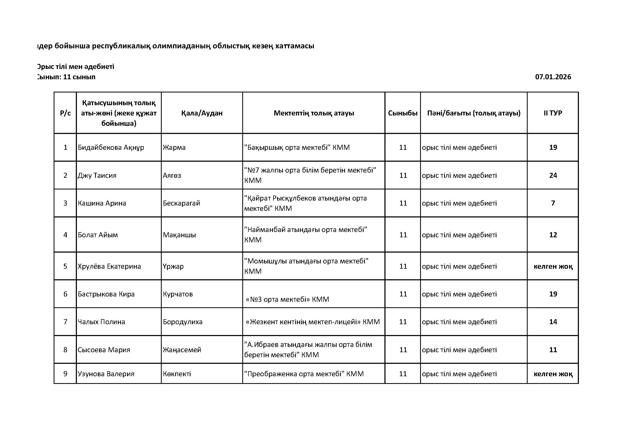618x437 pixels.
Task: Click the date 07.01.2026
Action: pyautogui.click(x=553, y=77)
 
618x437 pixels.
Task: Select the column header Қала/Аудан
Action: pyautogui.click(x=202, y=113)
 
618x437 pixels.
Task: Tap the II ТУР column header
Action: pyautogui.click(x=553, y=113)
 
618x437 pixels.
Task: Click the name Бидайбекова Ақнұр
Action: pyautogui.click(x=111, y=147)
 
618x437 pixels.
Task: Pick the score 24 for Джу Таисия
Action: pyautogui.click(x=553, y=175)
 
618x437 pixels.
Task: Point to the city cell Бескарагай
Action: pyautogui.click(x=182, y=203)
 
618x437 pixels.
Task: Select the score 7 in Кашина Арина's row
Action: pyautogui.click(x=553, y=203)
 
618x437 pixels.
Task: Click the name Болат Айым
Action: pyautogui.click(x=98, y=235)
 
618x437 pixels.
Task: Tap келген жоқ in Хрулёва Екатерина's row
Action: pyautogui.click(x=553, y=266)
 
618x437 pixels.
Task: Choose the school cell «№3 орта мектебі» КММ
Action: pyautogui.click(x=287, y=299)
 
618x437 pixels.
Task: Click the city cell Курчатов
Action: pyautogui.click(x=178, y=294)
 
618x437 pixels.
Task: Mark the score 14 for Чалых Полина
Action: pyautogui.click(x=553, y=322)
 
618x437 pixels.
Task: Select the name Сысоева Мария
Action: pyautogui.click(x=104, y=350)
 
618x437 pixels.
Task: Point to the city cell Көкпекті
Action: pyautogui.click(x=177, y=374)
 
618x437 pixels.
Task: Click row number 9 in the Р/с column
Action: pyautogui.click(x=65, y=374)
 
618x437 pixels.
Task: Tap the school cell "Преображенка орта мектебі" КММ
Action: pyautogui.click(x=304, y=374)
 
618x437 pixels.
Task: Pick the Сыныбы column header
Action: pyautogui.click(x=403, y=113)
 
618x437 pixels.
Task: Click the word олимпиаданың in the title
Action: pyautogui.click(x=182, y=46)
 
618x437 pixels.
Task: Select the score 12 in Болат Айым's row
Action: pyautogui.click(x=553, y=235)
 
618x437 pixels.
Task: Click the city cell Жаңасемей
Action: pyautogui.click(x=182, y=350)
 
